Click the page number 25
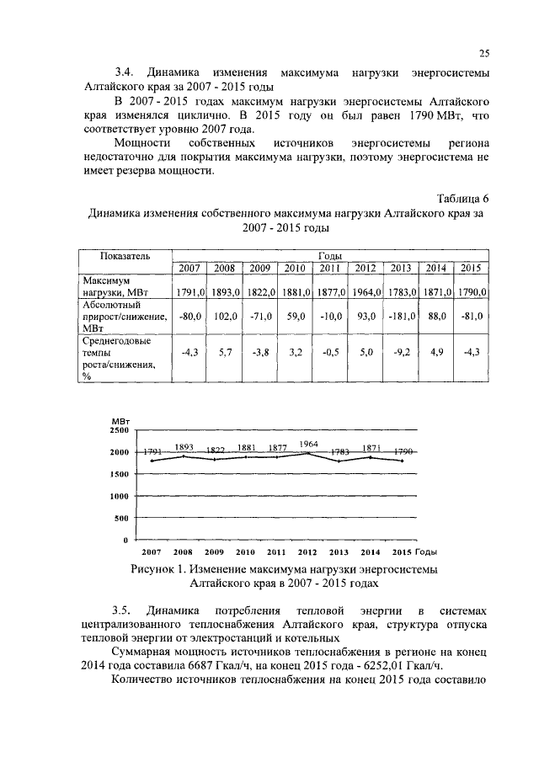pyautogui.click(x=484, y=53)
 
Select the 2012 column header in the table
pyautogui.click(x=365, y=268)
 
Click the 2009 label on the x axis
pyautogui.click(x=214, y=552)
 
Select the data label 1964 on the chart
pyautogui.click(x=308, y=443)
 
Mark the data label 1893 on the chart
pyautogui.click(x=183, y=446)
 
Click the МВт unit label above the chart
pyautogui.click(x=119, y=419)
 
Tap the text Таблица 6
pyautogui.click(x=462, y=199)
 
